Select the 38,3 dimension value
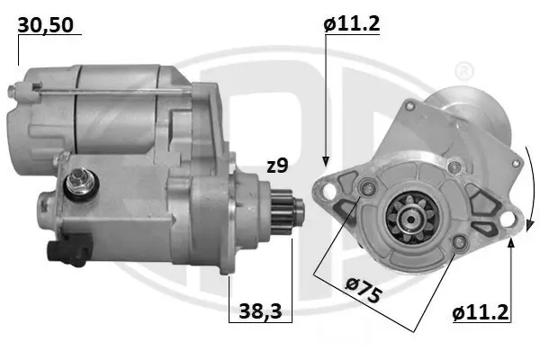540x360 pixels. (x=260, y=313)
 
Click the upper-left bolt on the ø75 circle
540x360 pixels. (x=365, y=187)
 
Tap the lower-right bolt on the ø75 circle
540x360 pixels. (x=460, y=241)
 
